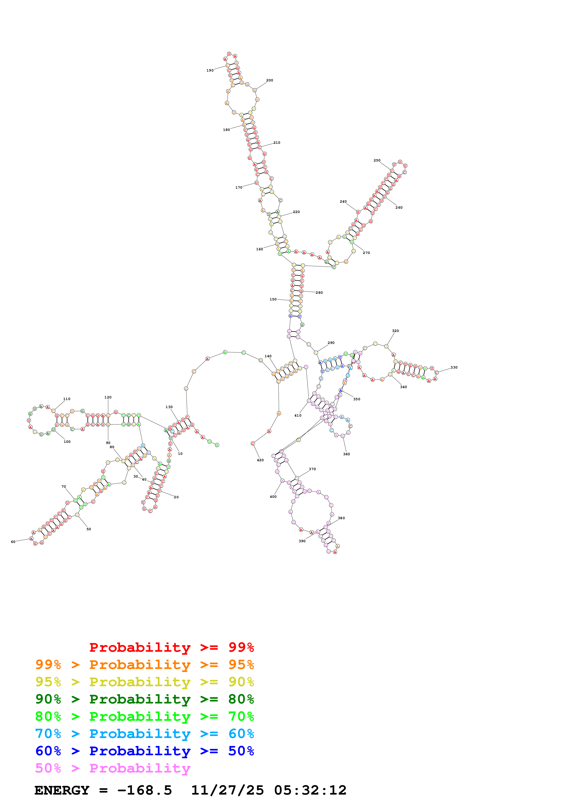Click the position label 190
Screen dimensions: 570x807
coord(210,71)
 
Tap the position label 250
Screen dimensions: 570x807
coord(377,161)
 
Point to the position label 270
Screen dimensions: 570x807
coord(366,253)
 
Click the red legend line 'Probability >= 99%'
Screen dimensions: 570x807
coord(171,647)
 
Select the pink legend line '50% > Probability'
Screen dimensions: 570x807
coord(113,768)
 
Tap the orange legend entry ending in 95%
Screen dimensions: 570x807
coord(144,665)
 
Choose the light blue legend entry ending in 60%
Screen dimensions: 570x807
coord(144,734)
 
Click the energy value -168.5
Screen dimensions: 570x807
coord(144,790)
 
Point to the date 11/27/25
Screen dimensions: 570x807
coord(227,790)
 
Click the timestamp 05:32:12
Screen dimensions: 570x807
coord(310,790)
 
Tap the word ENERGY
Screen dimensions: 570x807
coord(62,790)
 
